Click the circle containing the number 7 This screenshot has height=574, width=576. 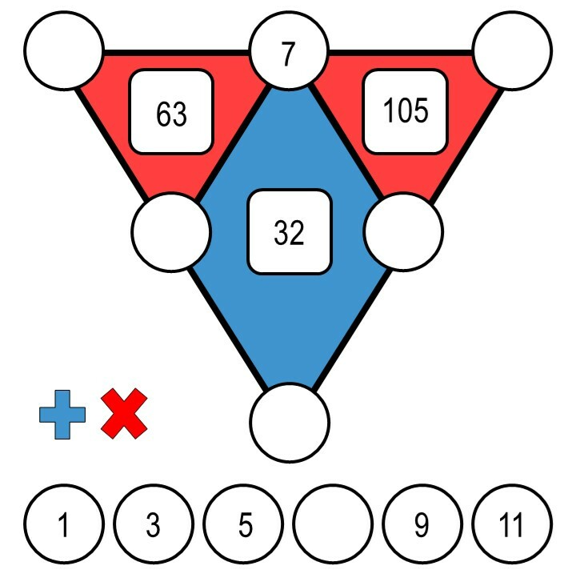pyautogui.click(x=289, y=54)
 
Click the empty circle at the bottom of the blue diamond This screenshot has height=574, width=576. pyautogui.click(x=290, y=422)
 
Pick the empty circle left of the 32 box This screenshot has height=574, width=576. pyautogui.click(x=170, y=232)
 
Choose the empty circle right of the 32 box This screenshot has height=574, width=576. pyautogui.click(x=403, y=232)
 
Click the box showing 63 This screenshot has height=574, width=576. pyautogui.click(x=172, y=113)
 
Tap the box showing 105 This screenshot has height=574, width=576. pyautogui.click(x=406, y=111)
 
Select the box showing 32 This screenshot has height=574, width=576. pyautogui.click(x=290, y=231)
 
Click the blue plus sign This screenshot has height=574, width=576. pyautogui.click(x=62, y=414)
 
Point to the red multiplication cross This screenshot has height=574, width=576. pyautogui.click(x=124, y=413)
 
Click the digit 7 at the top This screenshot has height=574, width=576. pyautogui.click(x=289, y=54)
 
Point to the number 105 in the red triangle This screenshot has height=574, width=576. pyautogui.click(x=406, y=111)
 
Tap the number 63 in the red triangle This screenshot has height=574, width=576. pyautogui.click(x=172, y=114)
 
